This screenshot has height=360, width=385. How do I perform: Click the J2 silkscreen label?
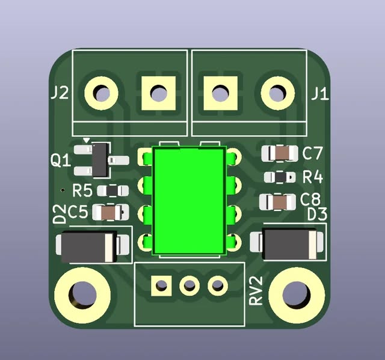point(60,93)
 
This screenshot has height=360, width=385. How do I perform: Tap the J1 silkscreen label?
point(320,94)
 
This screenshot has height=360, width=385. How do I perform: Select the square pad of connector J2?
point(158,93)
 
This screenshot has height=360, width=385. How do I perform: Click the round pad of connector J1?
point(278,93)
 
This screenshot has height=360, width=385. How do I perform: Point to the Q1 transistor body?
point(100,160)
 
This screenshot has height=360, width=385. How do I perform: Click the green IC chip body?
point(189,201)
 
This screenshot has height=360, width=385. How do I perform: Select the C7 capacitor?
point(280,153)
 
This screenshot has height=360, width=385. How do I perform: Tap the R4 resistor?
point(280,177)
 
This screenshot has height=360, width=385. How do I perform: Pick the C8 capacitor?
point(277,202)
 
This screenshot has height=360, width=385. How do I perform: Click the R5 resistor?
point(112,191)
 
